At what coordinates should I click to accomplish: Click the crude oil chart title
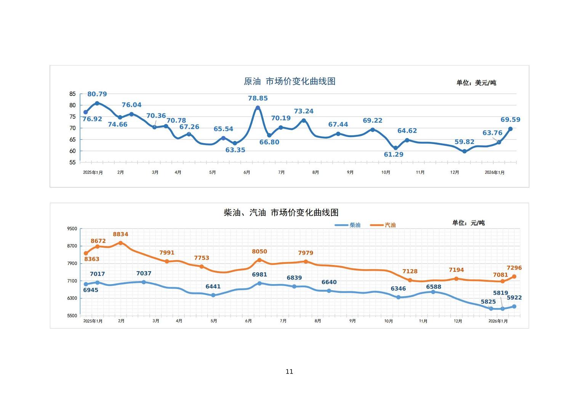tap(289, 81)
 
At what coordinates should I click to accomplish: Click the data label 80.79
tap(97, 94)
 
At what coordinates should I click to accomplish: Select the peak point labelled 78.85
tap(258, 108)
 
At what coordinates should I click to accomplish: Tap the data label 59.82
tap(464, 142)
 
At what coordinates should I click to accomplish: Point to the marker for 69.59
tap(510, 129)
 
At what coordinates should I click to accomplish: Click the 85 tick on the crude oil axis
tap(72, 94)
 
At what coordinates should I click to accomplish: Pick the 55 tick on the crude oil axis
tap(72, 163)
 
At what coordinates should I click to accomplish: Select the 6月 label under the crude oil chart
tap(247, 173)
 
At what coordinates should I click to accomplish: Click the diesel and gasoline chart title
tap(281, 212)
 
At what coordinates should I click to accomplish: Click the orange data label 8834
tap(120, 235)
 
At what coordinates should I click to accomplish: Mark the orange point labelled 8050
tap(259, 260)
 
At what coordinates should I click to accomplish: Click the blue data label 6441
tap(213, 287)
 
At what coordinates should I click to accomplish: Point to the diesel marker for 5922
tap(514, 307)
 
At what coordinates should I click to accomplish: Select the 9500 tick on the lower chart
tap(72, 229)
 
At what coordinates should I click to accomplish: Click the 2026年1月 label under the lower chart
tap(498, 321)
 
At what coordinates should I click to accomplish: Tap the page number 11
tap(289, 372)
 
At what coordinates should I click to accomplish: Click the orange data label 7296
tap(514, 268)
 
